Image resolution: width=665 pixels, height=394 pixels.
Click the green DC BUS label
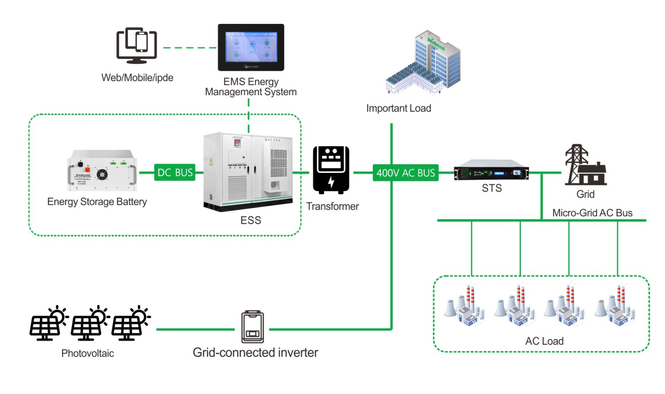click(x=175, y=172)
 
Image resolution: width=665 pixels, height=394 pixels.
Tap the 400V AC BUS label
click(x=406, y=173)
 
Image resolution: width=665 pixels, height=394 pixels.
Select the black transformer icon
click(x=331, y=170)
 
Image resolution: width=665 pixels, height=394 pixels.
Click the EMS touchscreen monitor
click(x=251, y=47)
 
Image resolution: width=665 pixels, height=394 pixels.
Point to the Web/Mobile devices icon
click(x=137, y=46)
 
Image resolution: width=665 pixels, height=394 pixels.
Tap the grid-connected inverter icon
click(x=252, y=327)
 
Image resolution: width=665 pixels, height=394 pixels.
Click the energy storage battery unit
click(x=102, y=171)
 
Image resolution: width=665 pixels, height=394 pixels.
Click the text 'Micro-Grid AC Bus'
click(x=592, y=213)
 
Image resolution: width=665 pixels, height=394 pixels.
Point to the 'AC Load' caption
click(x=544, y=341)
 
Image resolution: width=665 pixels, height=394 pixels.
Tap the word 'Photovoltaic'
click(x=87, y=353)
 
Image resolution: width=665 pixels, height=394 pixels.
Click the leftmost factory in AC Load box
click(x=464, y=305)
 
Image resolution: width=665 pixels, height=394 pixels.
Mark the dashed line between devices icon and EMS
click(x=190, y=47)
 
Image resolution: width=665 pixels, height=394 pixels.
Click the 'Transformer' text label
click(x=332, y=207)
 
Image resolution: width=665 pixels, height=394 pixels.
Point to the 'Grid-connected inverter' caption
click(x=255, y=352)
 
